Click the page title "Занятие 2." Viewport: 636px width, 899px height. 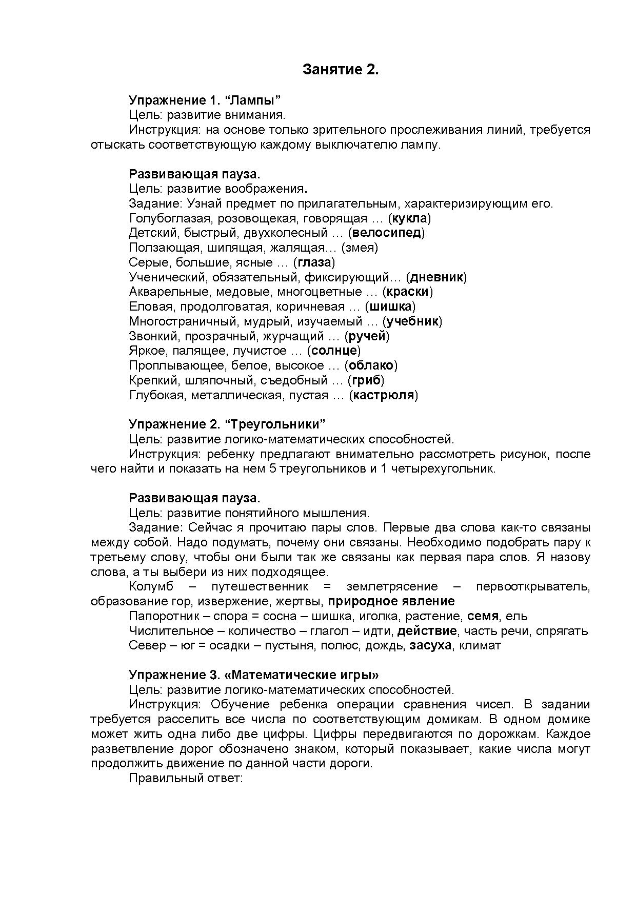341,70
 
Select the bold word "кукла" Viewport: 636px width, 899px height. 410,218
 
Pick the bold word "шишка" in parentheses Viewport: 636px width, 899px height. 390,307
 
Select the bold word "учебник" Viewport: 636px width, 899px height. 412,321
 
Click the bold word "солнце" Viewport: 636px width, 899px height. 334,351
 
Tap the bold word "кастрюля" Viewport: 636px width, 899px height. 384,395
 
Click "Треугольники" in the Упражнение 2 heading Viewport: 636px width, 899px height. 275,424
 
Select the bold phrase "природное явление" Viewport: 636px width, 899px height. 391,601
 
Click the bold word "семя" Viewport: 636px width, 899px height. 483,616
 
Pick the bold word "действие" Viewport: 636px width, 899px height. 427,631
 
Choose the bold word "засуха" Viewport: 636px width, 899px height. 430,646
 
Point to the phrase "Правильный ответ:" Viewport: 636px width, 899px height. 185,778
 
